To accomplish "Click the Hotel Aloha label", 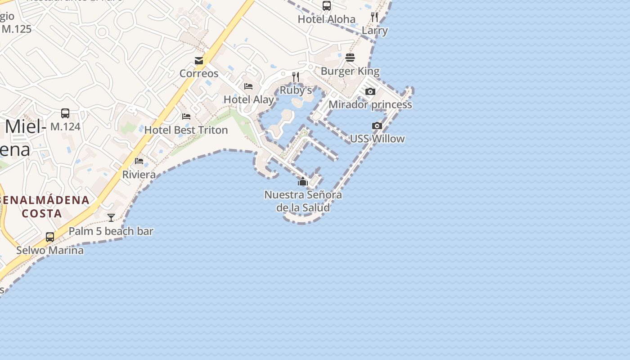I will click(327, 19).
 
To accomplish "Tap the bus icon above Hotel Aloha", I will click(327, 6).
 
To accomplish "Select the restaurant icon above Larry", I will click(374, 17).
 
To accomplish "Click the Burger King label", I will click(350, 71).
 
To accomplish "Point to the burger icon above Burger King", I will click(350, 58).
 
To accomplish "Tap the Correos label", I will click(199, 73).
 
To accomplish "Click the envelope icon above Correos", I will click(199, 61).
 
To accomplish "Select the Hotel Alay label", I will click(249, 99).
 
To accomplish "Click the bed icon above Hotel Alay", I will click(248, 86).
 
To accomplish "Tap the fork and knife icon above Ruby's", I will click(296, 77).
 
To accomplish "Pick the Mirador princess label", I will click(370, 104).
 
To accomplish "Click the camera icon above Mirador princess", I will click(370, 92).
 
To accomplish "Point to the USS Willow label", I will click(377, 139).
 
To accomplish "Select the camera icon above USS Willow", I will click(377, 126).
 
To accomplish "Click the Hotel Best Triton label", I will click(186, 130).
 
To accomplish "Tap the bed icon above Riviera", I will click(139, 161).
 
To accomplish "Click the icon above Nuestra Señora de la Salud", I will click(303, 182).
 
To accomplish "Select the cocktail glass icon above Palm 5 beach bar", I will click(111, 218).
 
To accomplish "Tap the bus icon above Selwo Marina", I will click(50, 237).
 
